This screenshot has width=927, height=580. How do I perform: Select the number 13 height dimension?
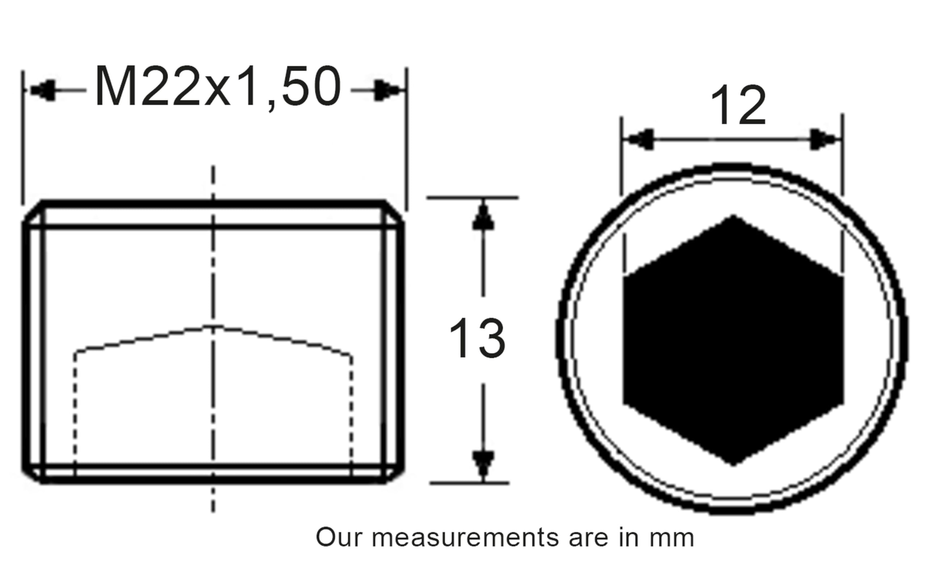[x=477, y=338]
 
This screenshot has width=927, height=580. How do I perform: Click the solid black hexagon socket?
[x=733, y=340]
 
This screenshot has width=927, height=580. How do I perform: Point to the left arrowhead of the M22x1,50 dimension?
[x=43, y=91]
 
